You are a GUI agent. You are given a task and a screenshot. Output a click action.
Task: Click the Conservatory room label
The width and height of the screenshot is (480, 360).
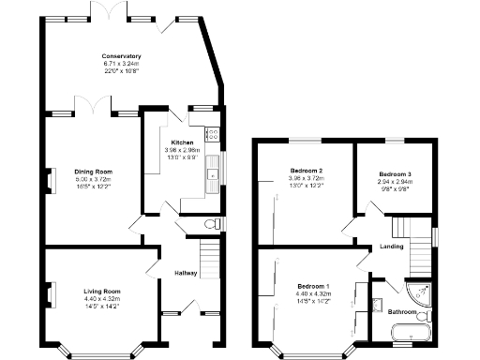click(121, 56)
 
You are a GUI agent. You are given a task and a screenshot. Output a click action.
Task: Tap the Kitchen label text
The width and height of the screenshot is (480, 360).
click(182, 142)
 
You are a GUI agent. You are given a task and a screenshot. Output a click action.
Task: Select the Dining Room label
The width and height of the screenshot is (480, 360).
click(94, 172)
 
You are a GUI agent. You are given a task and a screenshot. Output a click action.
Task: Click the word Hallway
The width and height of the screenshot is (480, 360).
click(185, 273)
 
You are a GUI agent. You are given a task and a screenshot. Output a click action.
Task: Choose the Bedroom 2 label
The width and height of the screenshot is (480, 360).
click(306, 171)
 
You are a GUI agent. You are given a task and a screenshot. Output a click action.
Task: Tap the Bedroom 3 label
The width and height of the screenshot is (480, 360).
click(395, 174)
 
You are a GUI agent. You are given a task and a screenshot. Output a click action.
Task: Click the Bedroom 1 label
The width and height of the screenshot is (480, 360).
click(313, 285)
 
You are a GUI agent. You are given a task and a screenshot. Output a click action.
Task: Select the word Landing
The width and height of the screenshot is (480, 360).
click(391, 247)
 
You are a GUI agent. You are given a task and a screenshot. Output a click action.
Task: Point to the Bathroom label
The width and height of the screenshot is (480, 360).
click(403, 310)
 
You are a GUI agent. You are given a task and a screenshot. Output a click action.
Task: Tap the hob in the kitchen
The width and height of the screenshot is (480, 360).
click(211, 134)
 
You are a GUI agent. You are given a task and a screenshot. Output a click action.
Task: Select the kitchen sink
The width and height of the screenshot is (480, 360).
click(214, 170)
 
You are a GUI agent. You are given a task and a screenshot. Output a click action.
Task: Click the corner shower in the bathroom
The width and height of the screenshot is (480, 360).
click(416, 294)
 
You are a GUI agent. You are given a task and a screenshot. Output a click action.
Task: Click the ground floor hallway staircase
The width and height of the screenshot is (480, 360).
click(209, 254)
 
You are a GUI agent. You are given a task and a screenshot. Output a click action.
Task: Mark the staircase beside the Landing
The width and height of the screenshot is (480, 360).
click(410, 229)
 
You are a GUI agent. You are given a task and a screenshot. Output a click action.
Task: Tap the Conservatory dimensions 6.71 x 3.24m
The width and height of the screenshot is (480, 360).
click(121, 64)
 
